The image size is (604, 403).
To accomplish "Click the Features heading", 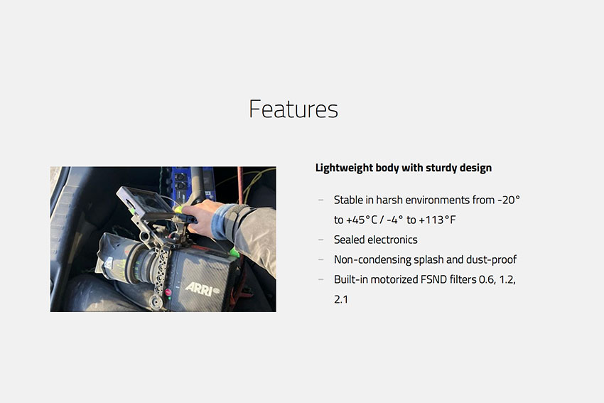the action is pyautogui.click(x=293, y=109).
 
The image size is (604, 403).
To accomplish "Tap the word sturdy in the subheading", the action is pyautogui.click(x=441, y=168).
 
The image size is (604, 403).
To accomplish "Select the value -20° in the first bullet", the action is pyautogui.click(x=509, y=200).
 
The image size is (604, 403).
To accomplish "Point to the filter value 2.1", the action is pyautogui.click(x=341, y=299).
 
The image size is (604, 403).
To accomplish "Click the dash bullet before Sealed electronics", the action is pyautogui.click(x=321, y=240).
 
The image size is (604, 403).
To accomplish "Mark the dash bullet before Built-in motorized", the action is pyautogui.click(x=321, y=279).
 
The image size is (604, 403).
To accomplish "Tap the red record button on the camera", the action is pyautogui.click(x=168, y=292).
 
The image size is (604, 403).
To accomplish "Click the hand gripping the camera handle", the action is pyautogui.click(x=200, y=218).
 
